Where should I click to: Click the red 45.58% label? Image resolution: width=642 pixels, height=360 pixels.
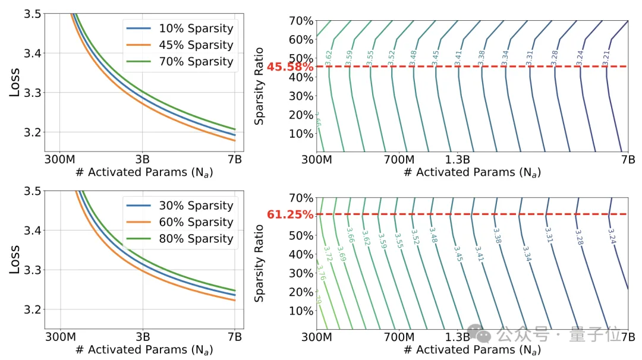click(289, 67)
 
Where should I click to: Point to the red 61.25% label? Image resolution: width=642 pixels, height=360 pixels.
click(289, 214)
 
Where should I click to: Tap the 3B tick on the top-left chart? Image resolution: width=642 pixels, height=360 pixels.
click(142, 160)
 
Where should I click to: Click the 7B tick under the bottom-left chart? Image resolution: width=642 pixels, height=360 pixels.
click(235, 337)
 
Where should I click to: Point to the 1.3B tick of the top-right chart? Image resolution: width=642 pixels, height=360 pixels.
click(457, 160)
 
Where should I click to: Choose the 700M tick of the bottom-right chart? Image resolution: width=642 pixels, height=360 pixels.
click(399, 337)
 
